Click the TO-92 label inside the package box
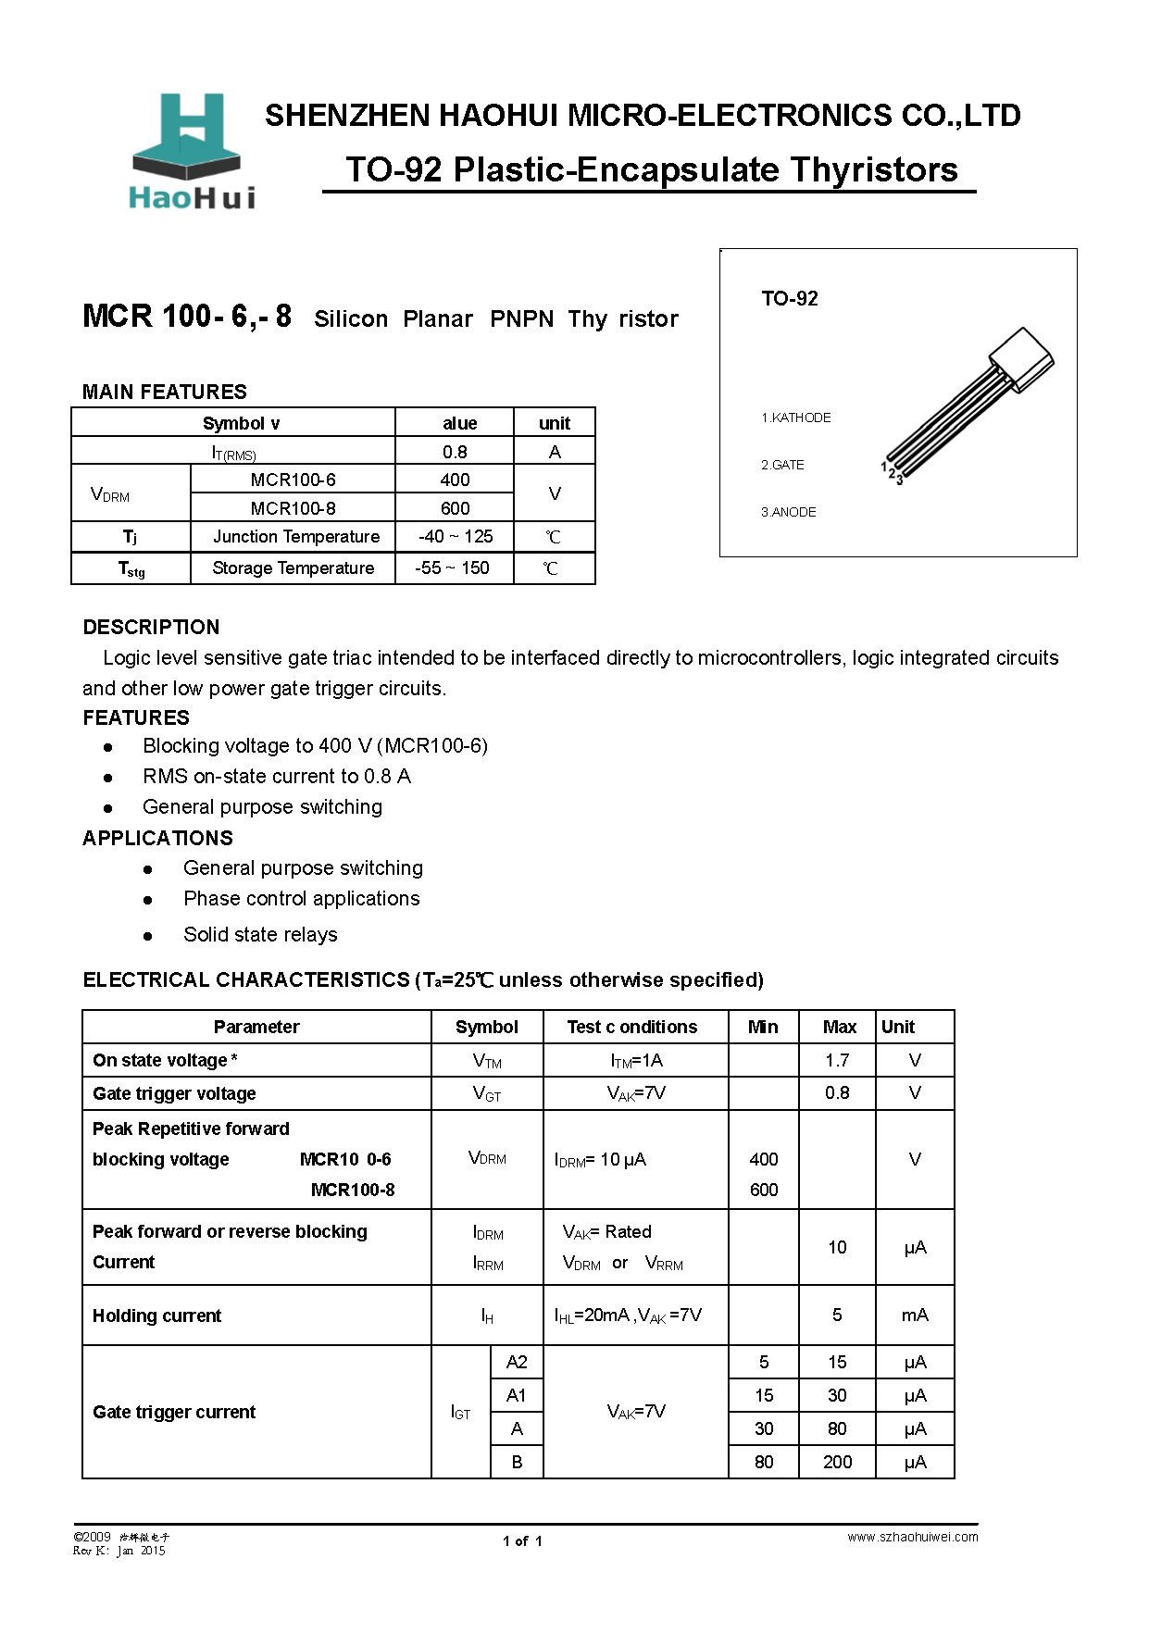[789, 299]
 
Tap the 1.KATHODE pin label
[795, 418]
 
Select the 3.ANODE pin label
[788, 512]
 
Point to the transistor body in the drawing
[1020, 358]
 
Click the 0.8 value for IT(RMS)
[455, 452]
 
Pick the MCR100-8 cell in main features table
[293, 508]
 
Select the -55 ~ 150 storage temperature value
[452, 568]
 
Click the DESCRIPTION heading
[151, 627]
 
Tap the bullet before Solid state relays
[148, 936]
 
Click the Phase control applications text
[301, 899]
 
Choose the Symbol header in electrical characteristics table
[486, 1027]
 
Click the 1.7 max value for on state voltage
[837, 1060]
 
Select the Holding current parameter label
[156, 1316]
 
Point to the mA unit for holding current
[915, 1316]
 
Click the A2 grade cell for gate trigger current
[517, 1362]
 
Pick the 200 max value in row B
[837, 1462]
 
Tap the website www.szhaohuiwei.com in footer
[912, 1537]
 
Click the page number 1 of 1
[522, 1541]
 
